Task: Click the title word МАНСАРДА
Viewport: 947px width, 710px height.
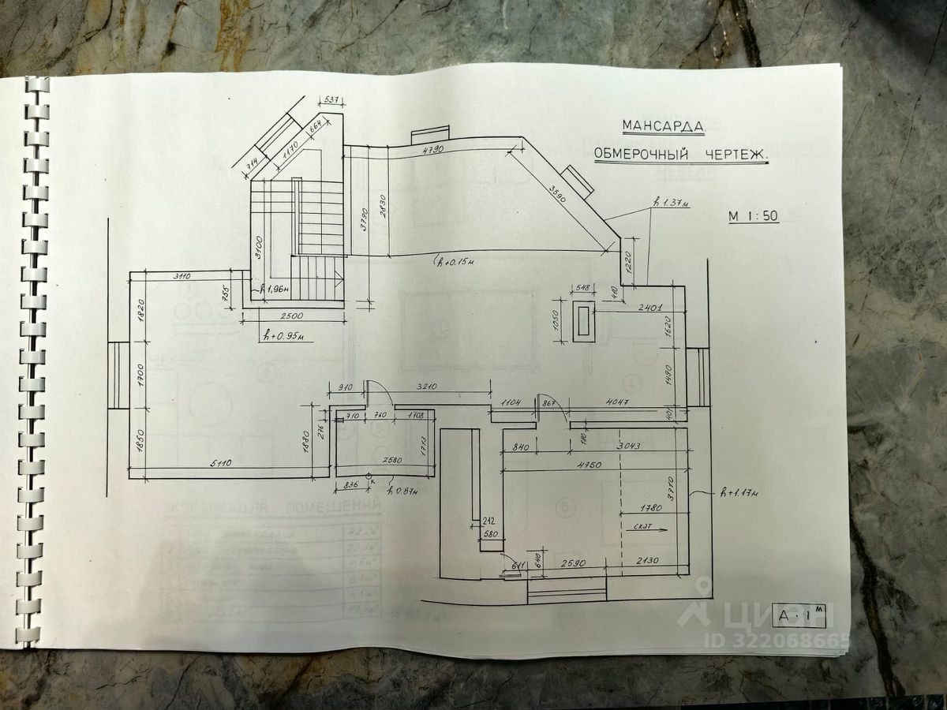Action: pyautogui.click(x=662, y=125)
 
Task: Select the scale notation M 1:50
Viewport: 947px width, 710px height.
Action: pyautogui.click(x=754, y=216)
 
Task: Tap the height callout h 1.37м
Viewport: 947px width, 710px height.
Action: pyautogui.click(x=672, y=204)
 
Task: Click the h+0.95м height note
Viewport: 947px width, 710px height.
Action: pyautogui.click(x=282, y=337)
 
